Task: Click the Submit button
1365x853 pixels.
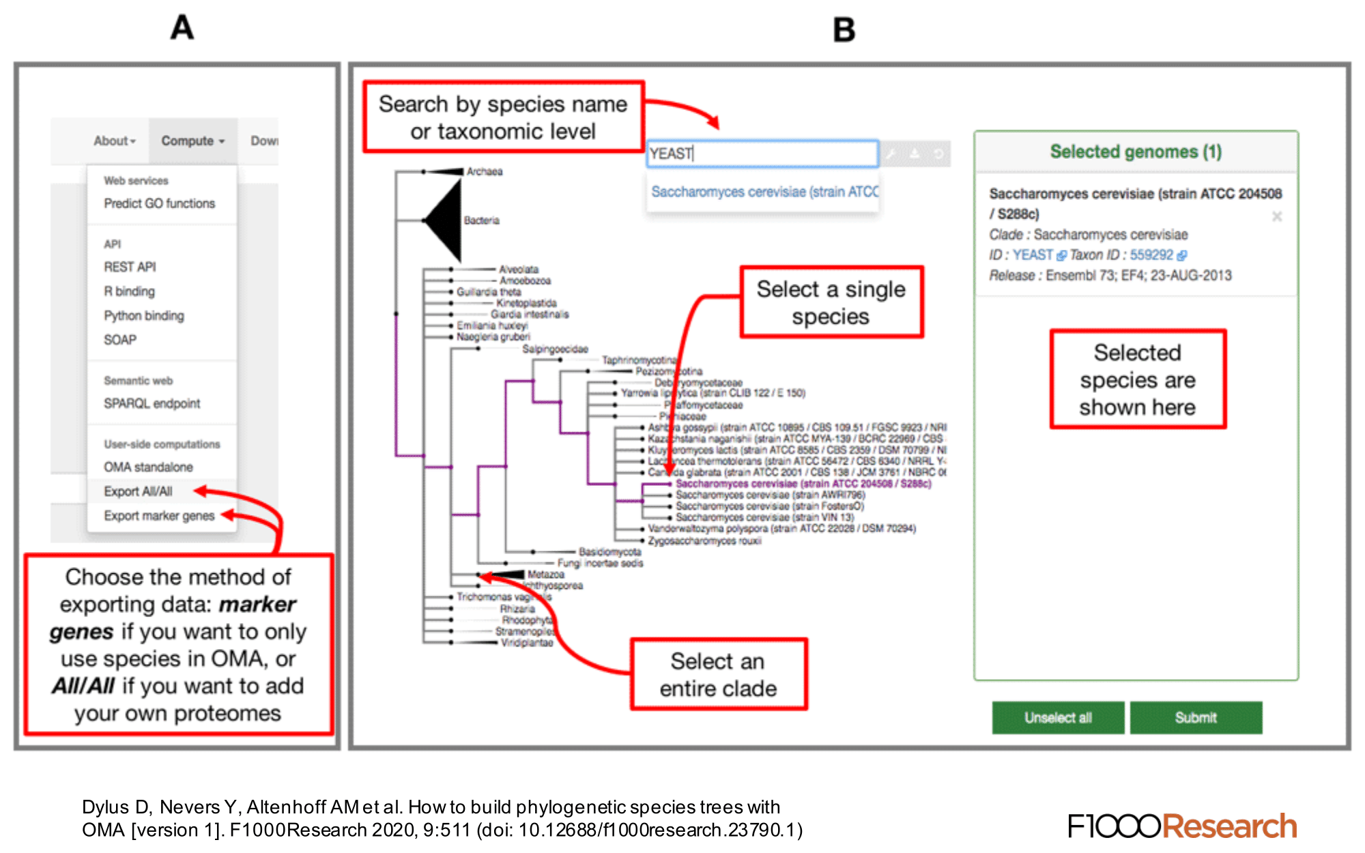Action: point(1196,717)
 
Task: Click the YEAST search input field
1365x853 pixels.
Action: point(762,154)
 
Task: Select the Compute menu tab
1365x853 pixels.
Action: point(192,141)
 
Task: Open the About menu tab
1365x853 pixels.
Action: point(115,141)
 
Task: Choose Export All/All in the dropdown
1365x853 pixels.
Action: point(138,491)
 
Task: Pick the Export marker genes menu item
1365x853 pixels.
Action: point(159,516)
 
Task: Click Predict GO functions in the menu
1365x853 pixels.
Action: point(159,203)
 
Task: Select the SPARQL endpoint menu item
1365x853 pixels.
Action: point(152,403)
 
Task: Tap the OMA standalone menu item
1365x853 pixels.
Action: point(148,467)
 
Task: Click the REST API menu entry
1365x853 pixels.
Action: point(130,267)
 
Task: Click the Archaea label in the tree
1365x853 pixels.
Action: point(485,171)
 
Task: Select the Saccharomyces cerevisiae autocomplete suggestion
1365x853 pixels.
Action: point(764,192)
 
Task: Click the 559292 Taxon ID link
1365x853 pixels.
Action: point(1151,255)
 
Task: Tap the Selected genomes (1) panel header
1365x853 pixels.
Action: point(1136,151)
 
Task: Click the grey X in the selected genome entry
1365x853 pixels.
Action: point(1277,216)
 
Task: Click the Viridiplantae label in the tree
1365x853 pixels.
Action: point(527,643)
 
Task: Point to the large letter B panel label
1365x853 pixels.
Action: point(844,30)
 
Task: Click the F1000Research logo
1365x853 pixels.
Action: point(1182,826)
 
